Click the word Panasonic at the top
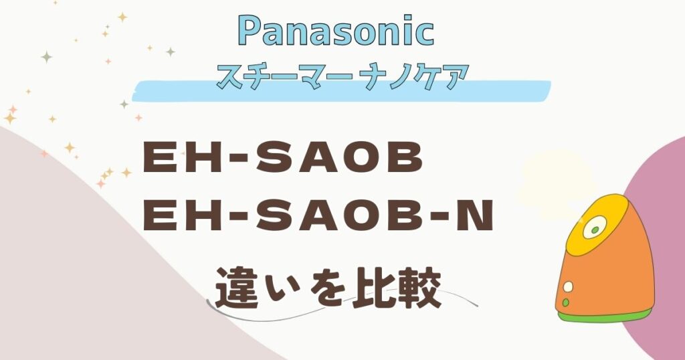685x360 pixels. pyautogui.click(x=336, y=31)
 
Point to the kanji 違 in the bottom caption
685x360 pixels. pyautogui.click(x=235, y=288)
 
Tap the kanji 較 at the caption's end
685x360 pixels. pyautogui.click(x=418, y=288)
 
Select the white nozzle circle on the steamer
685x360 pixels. pyautogui.click(x=595, y=230)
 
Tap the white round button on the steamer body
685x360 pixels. pyautogui.click(x=568, y=286)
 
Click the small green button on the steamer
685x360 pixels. pyautogui.click(x=566, y=302)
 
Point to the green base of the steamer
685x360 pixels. pyautogui.click(x=605, y=315)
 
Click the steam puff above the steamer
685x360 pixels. pyautogui.click(x=553, y=183)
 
